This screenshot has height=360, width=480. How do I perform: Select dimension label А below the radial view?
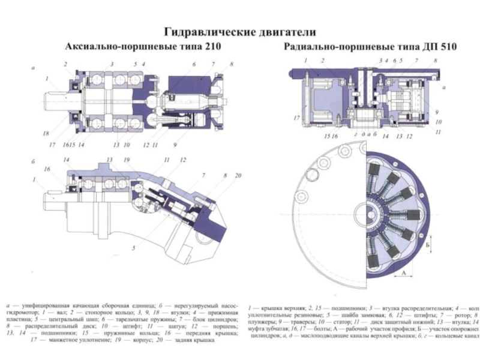click(404, 271)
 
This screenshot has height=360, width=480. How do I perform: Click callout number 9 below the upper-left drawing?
click(175, 145)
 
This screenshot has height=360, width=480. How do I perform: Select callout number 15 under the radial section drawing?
click(325, 137)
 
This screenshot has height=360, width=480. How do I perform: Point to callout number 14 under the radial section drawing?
click(386, 137)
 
